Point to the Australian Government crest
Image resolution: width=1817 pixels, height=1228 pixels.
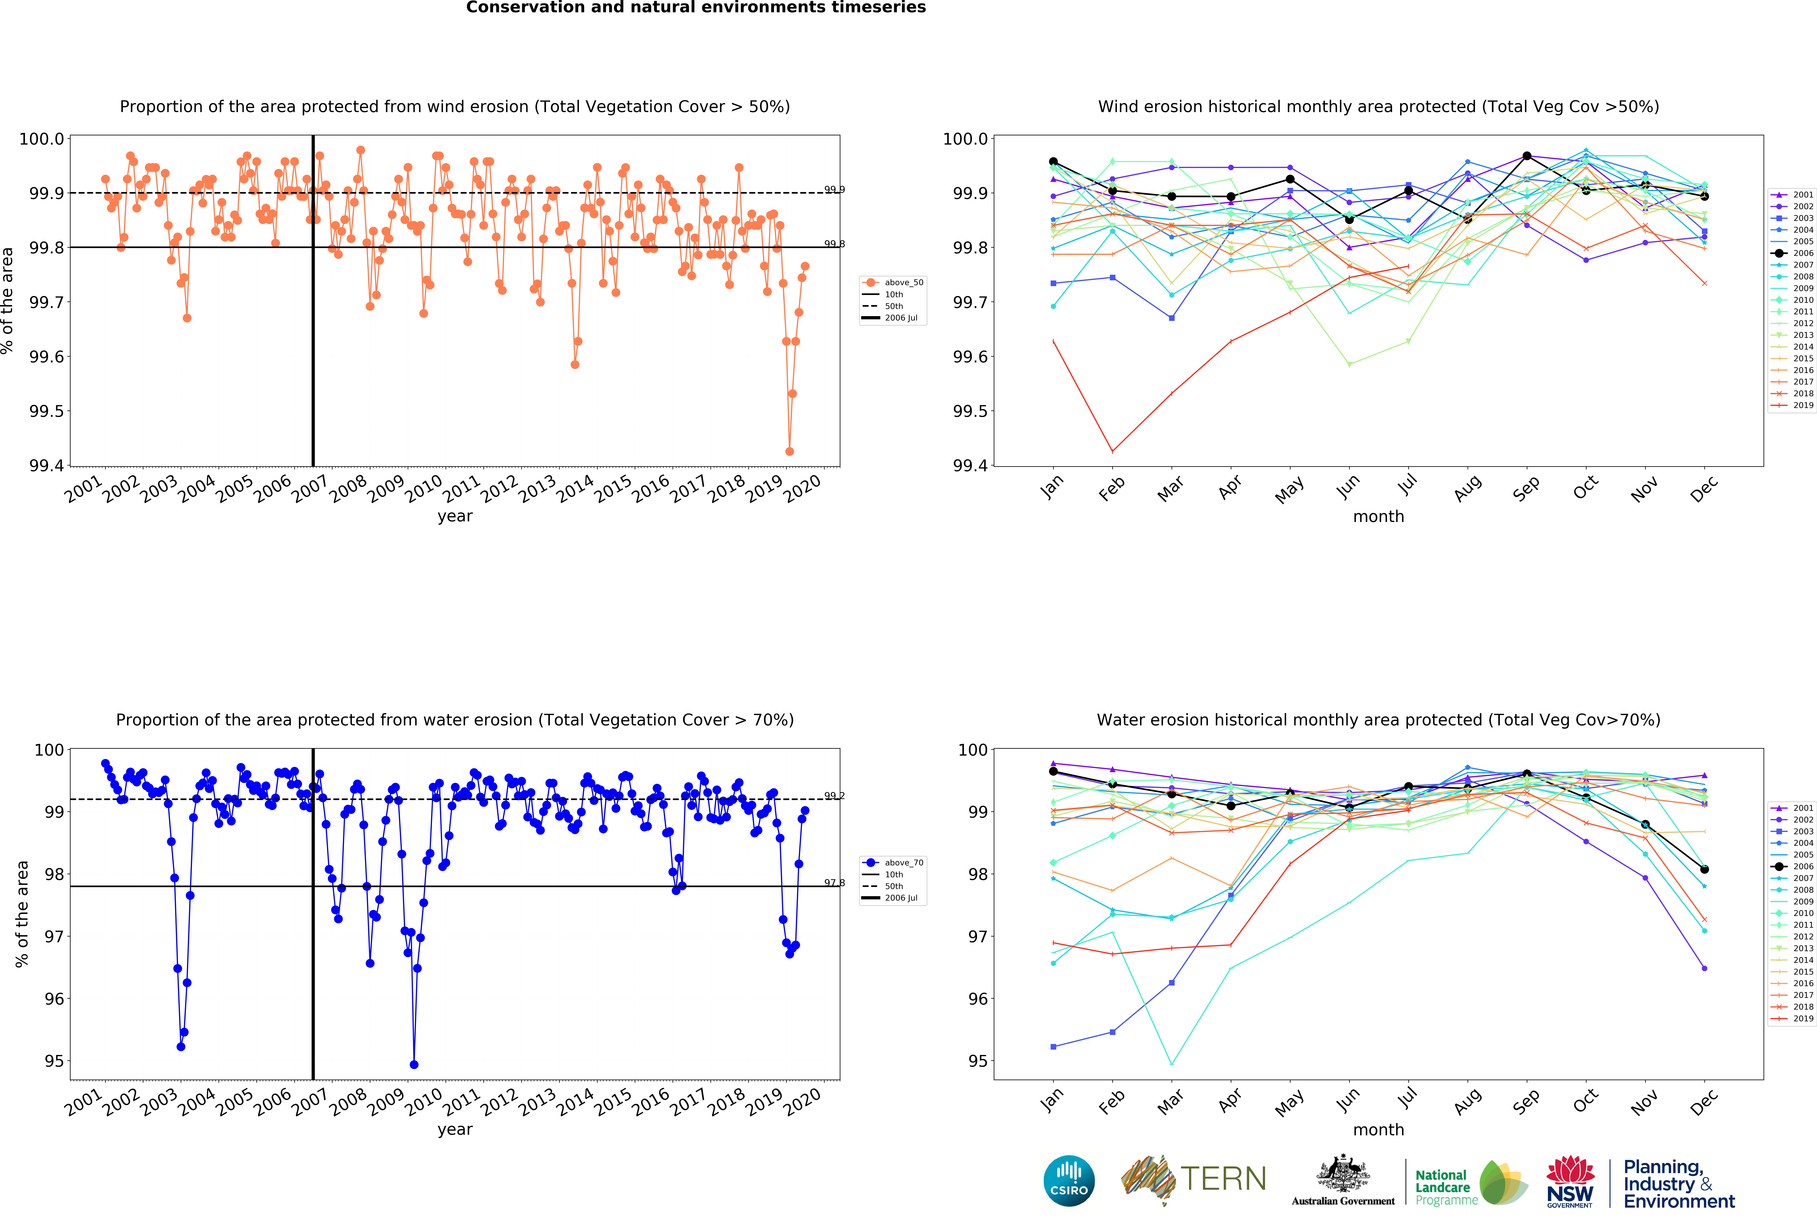[x=1342, y=1173]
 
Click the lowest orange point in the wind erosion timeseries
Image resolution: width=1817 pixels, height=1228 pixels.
[x=790, y=451]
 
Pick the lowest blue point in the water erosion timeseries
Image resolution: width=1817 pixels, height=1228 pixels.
[x=414, y=1065]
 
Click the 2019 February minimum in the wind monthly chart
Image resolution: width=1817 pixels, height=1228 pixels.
[x=1113, y=451]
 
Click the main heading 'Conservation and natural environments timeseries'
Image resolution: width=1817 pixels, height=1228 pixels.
[x=696, y=8]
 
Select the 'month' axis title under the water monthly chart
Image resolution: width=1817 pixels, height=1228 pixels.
[x=1378, y=1129]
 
